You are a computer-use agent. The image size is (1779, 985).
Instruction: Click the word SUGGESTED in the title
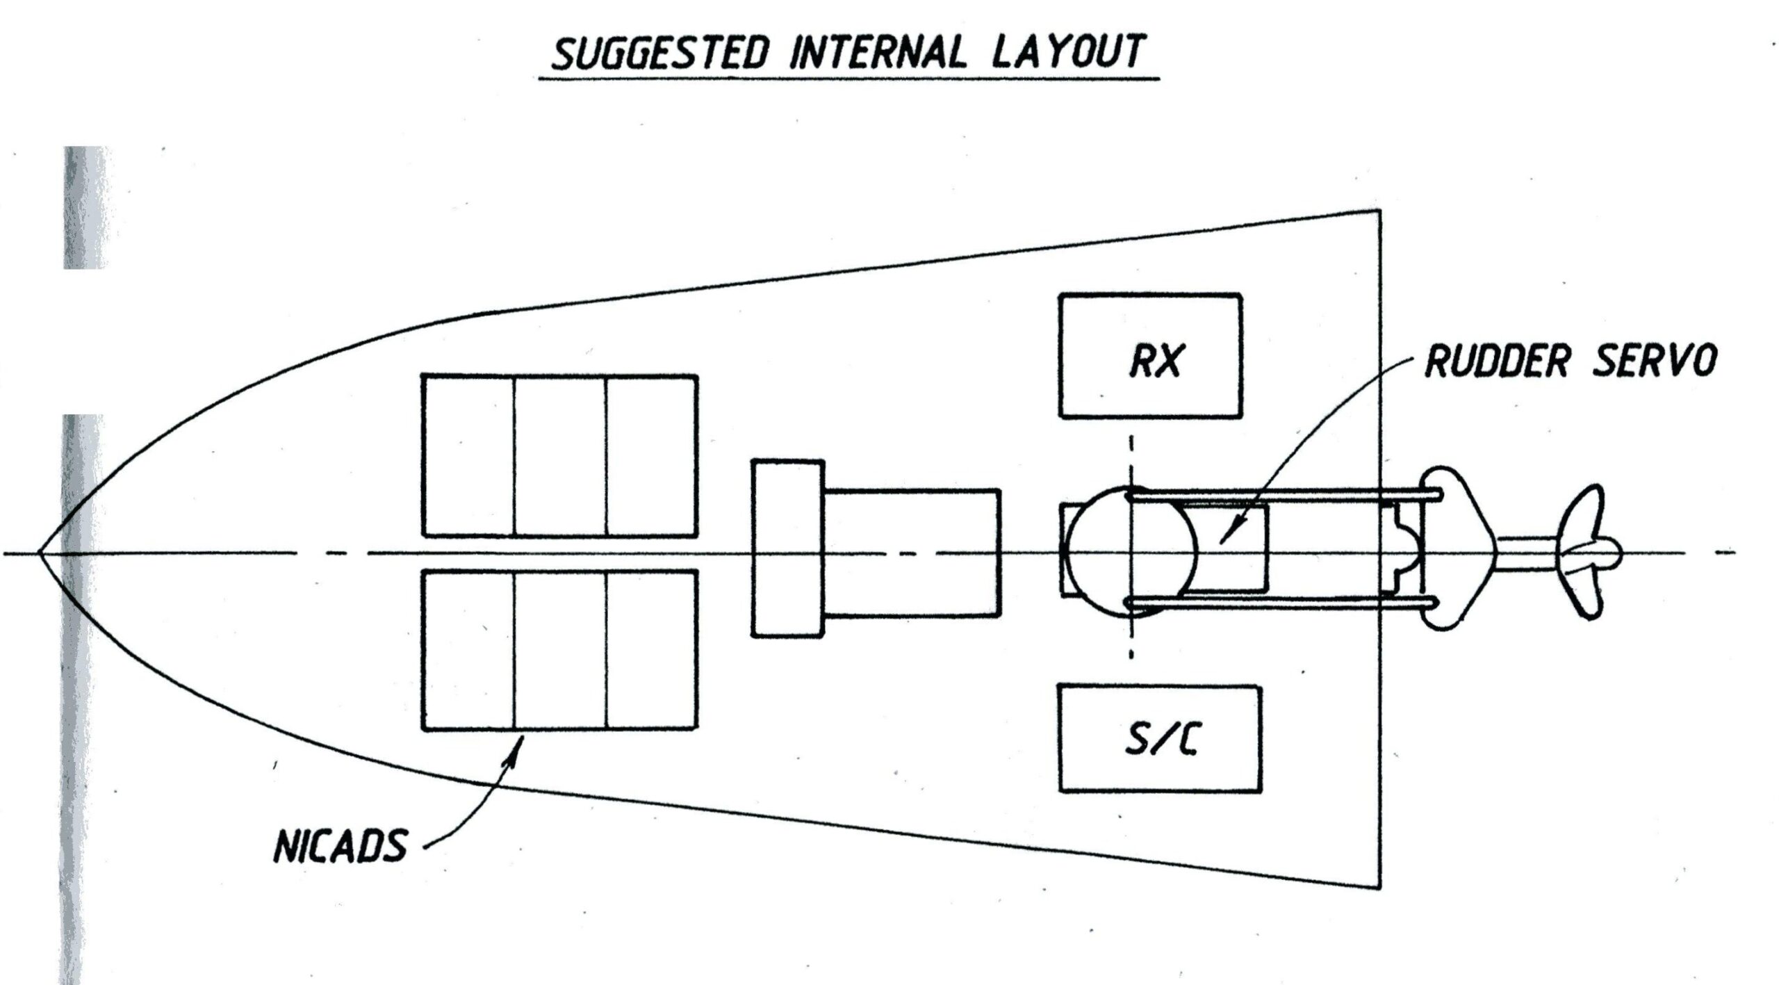(660, 53)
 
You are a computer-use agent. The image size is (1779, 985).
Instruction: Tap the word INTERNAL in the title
(878, 51)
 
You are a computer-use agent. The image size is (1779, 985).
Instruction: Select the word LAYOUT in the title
(1067, 51)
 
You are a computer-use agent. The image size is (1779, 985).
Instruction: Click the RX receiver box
(1150, 356)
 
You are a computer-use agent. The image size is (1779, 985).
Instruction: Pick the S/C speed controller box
(1159, 739)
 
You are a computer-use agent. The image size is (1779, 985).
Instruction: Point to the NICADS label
(340, 847)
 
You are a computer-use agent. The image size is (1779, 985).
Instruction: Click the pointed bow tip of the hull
(40, 553)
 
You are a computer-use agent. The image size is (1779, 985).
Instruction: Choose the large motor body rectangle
(912, 553)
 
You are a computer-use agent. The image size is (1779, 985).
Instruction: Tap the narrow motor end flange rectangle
(788, 548)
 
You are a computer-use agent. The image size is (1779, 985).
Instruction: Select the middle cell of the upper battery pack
(560, 456)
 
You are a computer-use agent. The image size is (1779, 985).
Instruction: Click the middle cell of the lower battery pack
(560, 651)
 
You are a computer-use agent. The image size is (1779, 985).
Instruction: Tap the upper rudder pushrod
(1279, 495)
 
